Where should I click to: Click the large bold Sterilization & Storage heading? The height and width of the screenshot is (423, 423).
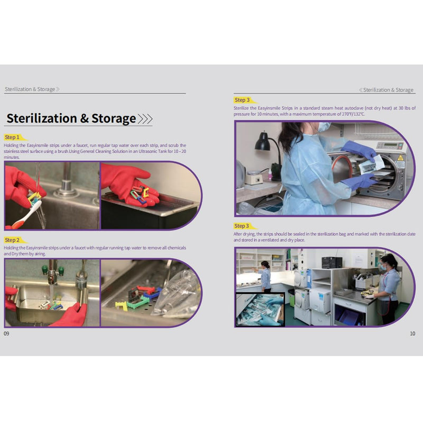(x=71, y=118)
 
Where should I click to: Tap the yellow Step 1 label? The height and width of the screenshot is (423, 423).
(x=13, y=137)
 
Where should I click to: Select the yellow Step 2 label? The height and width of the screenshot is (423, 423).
(x=13, y=240)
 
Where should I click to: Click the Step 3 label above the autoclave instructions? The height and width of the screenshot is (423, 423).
(x=242, y=100)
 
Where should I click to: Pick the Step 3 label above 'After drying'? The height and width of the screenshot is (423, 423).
(x=242, y=226)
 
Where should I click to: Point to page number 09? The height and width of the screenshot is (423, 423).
(x=6, y=334)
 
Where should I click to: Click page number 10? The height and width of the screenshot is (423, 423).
(x=412, y=334)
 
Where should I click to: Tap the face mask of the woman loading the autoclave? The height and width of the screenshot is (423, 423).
(x=324, y=127)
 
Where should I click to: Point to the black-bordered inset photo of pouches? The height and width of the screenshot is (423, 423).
(x=260, y=309)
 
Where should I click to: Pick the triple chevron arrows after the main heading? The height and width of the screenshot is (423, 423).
(x=145, y=119)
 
